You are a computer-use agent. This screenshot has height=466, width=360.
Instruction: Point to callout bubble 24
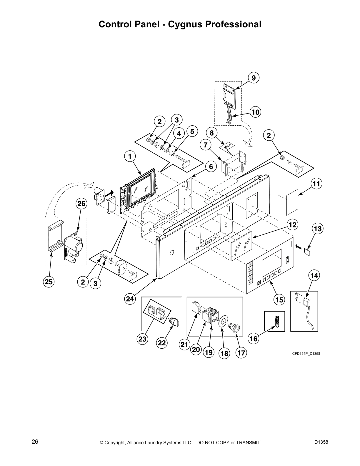130,299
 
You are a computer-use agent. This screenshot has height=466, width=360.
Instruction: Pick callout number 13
318,228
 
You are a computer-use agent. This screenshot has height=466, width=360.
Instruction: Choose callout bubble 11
316,184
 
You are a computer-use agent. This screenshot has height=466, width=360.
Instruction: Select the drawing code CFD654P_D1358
306,353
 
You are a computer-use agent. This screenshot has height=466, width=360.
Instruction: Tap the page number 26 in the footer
35,442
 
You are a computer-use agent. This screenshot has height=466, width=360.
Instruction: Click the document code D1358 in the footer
321,442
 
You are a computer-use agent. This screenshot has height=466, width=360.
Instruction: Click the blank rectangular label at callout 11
293,202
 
